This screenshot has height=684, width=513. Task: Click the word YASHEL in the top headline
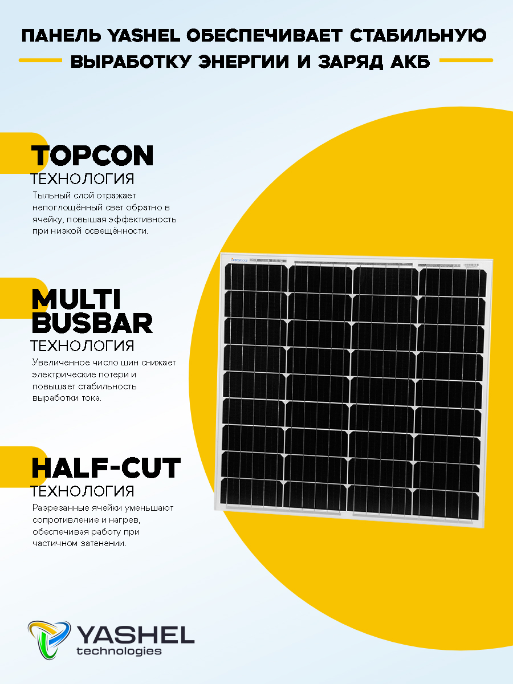click(x=145, y=36)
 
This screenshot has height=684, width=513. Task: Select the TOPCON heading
click(x=92, y=155)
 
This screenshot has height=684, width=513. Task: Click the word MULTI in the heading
click(x=76, y=299)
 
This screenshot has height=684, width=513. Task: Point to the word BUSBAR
click(x=92, y=324)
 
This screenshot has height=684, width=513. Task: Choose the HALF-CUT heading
click(x=106, y=468)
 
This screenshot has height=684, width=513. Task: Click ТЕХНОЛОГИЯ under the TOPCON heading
click(x=82, y=179)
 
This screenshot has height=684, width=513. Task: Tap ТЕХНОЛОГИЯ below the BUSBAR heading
click(x=82, y=346)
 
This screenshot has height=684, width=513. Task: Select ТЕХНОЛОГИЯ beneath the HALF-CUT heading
click(x=82, y=491)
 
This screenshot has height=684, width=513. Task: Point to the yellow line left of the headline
click(x=40, y=60)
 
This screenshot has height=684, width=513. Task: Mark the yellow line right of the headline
click(x=466, y=60)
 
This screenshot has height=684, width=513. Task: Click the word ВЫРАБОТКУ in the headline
click(x=131, y=62)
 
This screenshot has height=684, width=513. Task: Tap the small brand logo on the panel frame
click(x=239, y=260)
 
